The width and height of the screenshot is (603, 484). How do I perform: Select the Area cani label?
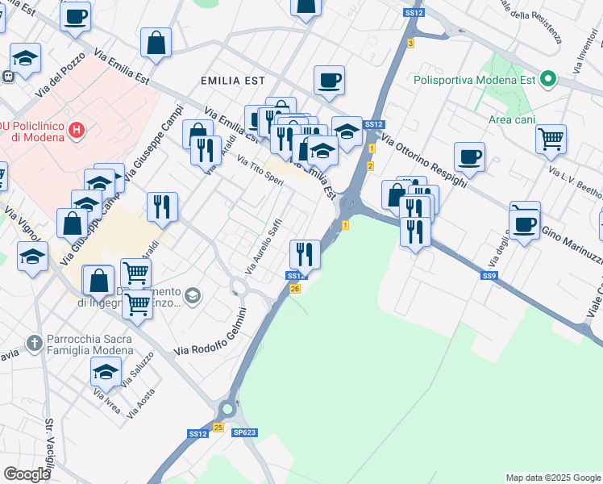(x=512, y=120)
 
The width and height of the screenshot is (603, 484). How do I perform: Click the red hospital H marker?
(x=77, y=129)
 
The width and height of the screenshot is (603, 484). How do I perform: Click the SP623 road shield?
(x=244, y=433)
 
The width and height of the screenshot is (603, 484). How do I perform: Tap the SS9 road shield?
(x=489, y=276)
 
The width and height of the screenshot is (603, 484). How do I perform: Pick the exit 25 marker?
(x=218, y=427)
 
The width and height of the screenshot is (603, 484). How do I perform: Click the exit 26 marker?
(x=295, y=289)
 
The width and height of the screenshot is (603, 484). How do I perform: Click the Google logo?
(x=27, y=474)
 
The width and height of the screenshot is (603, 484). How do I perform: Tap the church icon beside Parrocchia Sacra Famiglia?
(x=34, y=344)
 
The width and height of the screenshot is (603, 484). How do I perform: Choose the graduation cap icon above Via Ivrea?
(x=106, y=372)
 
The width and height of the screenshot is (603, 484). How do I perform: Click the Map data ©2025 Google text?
(x=552, y=478)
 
